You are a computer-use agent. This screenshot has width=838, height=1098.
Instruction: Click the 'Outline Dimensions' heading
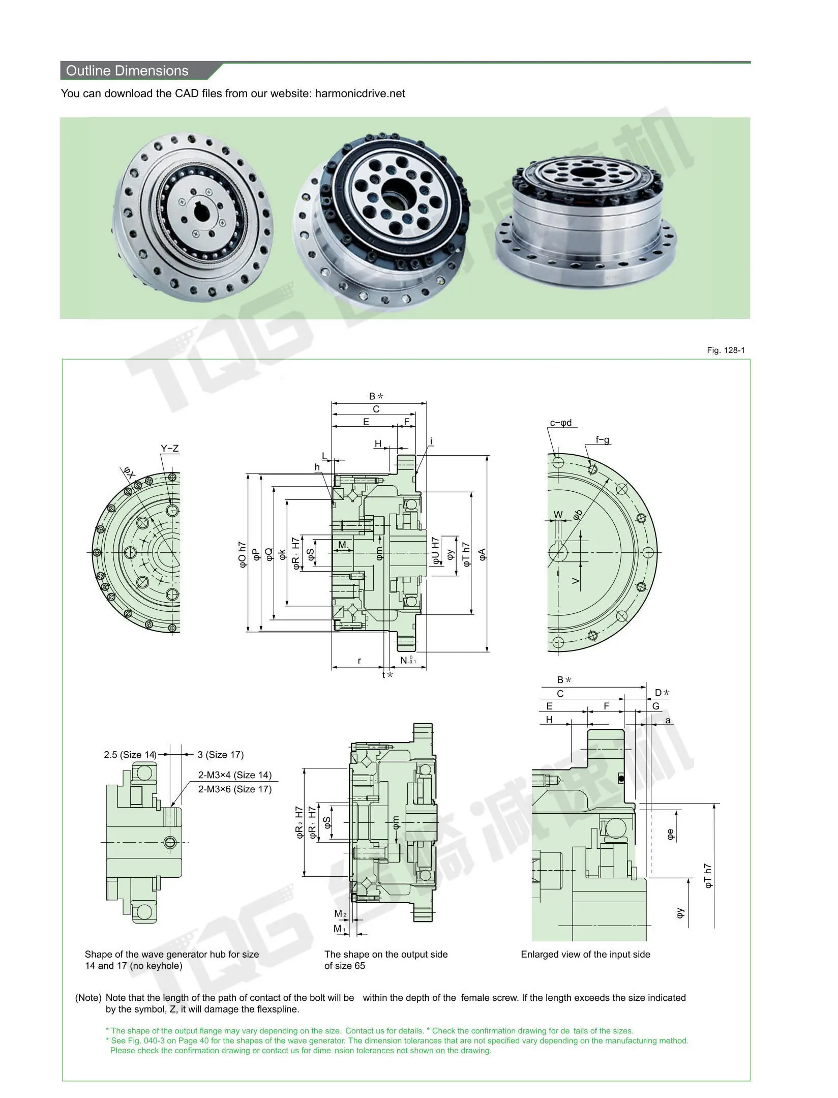click(127, 71)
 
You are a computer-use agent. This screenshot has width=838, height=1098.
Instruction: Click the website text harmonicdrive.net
click(360, 94)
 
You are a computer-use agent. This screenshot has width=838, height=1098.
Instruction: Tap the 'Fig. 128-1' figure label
click(726, 350)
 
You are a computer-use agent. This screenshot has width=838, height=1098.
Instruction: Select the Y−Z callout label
click(170, 449)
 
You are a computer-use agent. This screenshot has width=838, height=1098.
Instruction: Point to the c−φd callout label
click(561, 423)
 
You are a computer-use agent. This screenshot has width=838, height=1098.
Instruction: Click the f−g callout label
click(603, 440)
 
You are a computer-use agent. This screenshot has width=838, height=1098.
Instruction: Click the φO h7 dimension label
click(243, 554)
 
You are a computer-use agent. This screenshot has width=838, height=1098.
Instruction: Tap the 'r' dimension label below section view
click(359, 661)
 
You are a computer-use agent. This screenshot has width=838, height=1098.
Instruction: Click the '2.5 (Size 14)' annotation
click(130, 755)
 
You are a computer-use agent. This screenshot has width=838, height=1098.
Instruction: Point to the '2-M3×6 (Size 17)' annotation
click(235, 789)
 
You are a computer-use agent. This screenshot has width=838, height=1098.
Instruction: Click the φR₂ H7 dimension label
click(300, 822)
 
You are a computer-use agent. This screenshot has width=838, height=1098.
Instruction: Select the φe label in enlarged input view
click(671, 834)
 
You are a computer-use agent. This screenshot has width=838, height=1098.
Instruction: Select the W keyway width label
click(558, 514)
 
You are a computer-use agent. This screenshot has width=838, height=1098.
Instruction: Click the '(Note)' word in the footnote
click(88, 998)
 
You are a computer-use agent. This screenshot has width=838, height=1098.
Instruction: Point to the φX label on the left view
click(130, 473)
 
